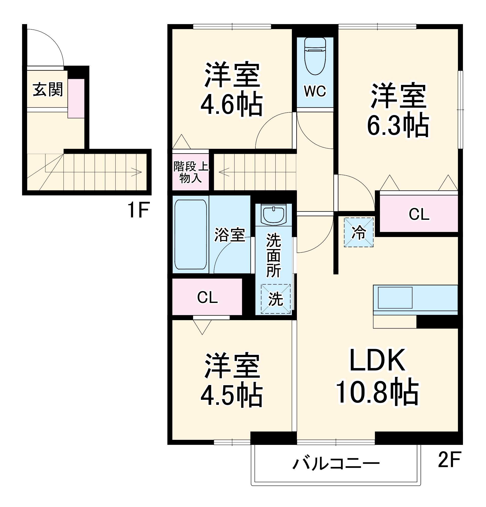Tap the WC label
click(315, 91)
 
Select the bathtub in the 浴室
click(191, 234)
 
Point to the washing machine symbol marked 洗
click(275, 299)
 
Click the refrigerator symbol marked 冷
click(358, 232)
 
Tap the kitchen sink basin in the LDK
click(395, 297)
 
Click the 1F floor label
click(138, 210)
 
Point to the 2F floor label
click(449, 459)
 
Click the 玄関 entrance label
click(48, 89)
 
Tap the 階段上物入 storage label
click(191, 172)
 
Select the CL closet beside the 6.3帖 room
click(419, 214)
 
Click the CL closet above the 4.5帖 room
click(207, 297)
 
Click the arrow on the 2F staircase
click(224, 172)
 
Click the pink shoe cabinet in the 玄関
click(76, 98)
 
